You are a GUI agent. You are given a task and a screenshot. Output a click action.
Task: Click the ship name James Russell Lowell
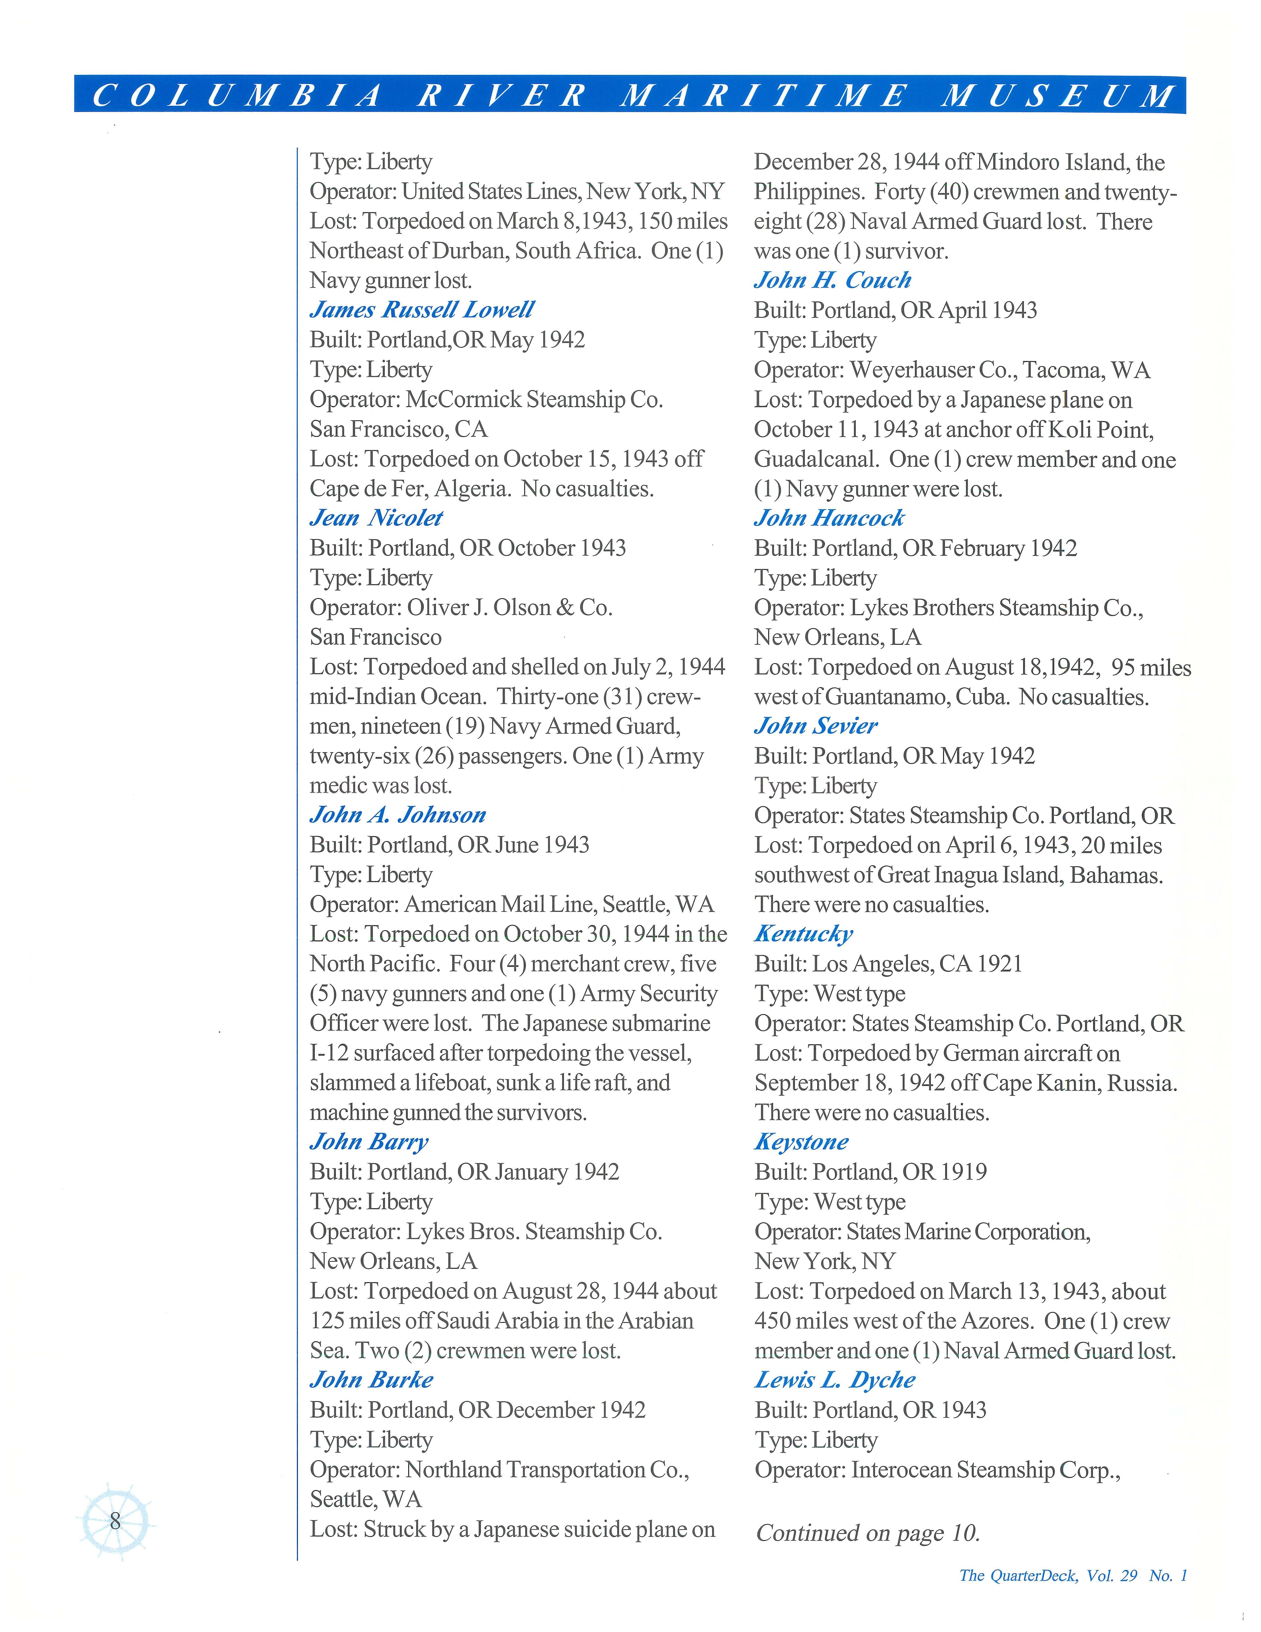click(x=422, y=309)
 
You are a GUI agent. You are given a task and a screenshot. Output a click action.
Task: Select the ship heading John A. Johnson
click(x=397, y=815)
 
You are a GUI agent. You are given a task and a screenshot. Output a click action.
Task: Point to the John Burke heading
click(x=371, y=1380)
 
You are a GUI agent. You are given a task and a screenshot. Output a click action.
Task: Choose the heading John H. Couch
click(x=832, y=280)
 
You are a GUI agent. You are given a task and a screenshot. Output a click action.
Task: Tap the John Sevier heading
click(x=816, y=725)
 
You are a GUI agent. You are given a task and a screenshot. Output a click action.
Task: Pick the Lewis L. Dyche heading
click(x=834, y=1380)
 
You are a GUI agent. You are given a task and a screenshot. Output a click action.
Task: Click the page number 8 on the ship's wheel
click(x=115, y=1521)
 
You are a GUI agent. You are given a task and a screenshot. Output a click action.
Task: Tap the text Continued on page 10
click(x=867, y=1533)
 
